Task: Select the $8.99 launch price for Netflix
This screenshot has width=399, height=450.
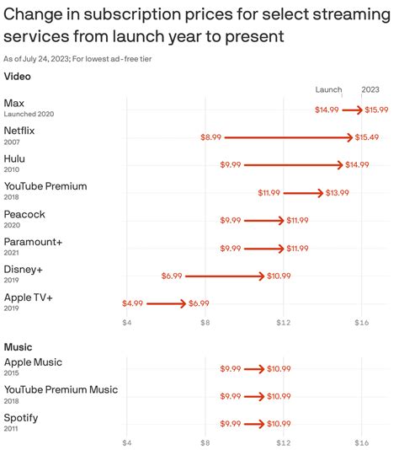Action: pyautogui.click(x=210, y=137)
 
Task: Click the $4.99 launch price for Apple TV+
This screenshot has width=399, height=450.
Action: pyautogui.click(x=132, y=303)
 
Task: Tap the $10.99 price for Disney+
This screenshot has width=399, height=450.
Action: pyautogui.click(x=278, y=276)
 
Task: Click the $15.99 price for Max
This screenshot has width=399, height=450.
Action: pyautogui.click(x=376, y=110)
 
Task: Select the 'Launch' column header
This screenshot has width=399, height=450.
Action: pyautogui.click(x=328, y=89)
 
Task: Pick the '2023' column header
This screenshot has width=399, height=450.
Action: pyautogui.click(x=370, y=89)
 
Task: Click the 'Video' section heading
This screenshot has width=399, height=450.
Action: pyautogui.click(x=17, y=77)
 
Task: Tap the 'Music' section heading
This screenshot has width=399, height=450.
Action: pyautogui.click(x=18, y=346)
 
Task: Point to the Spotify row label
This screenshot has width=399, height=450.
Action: pyautogui.click(x=21, y=417)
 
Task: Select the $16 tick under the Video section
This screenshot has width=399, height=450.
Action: pyautogui.click(x=361, y=323)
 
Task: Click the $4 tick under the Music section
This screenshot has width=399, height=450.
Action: pyautogui.click(x=127, y=442)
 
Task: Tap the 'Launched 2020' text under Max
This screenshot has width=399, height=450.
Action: pyautogui.click(x=29, y=115)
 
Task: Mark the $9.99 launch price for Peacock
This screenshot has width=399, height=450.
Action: pyautogui.click(x=230, y=220)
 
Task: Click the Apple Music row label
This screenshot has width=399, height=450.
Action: pyautogui.click(x=33, y=362)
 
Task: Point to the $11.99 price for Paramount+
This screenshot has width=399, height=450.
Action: pyautogui.click(x=297, y=249)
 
